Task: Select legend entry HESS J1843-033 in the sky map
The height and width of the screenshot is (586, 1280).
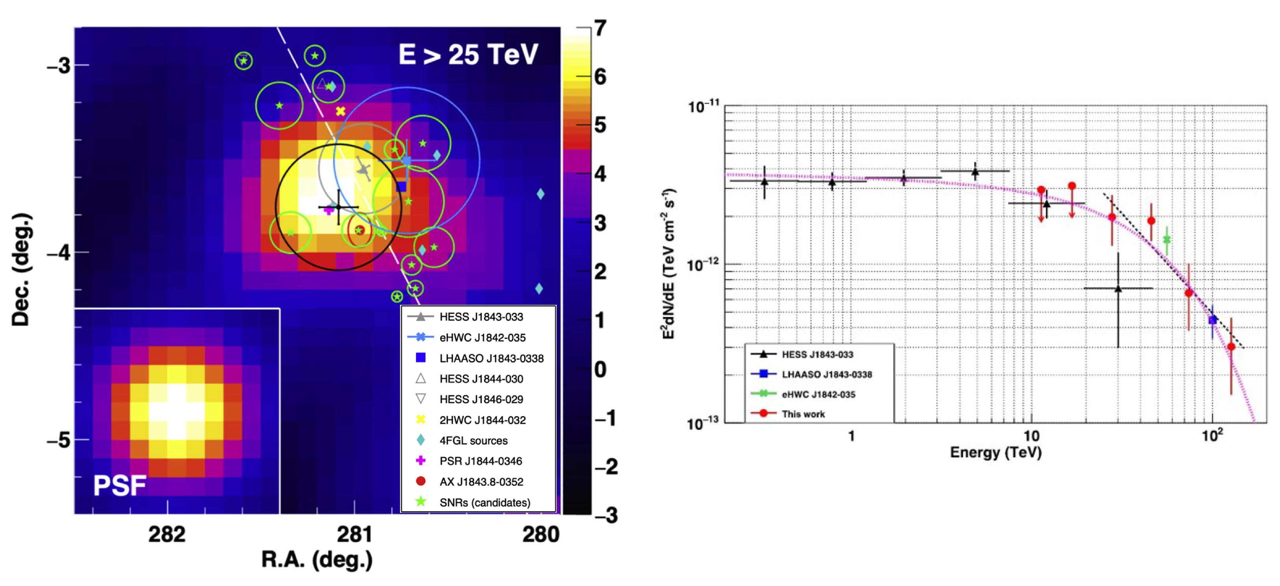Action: [x=480, y=317]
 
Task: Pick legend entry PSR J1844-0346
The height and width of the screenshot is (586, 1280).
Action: [x=480, y=461]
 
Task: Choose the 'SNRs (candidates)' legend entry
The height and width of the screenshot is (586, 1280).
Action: [x=484, y=503]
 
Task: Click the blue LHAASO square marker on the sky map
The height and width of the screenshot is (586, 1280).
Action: [x=402, y=186]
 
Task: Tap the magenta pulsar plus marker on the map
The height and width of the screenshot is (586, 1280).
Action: [x=328, y=210]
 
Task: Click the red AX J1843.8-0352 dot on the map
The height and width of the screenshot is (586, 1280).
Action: [x=360, y=230]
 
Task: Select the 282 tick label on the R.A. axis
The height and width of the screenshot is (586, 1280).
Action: [x=167, y=534]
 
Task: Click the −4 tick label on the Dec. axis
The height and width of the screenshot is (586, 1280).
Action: [x=59, y=252]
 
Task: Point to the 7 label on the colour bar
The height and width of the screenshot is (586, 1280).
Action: [x=601, y=28]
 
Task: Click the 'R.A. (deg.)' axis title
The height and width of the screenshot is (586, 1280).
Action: [x=317, y=559]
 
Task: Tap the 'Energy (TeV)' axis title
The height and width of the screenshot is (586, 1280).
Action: [x=995, y=452]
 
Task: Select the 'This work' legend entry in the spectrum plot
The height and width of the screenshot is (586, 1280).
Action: [x=802, y=414]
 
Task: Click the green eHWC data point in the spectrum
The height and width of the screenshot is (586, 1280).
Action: [x=1167, y=239]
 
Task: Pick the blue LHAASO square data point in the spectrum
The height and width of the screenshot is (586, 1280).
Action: [x=1212, y=320]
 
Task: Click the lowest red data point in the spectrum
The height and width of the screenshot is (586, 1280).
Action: [x=1231, y=347]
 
